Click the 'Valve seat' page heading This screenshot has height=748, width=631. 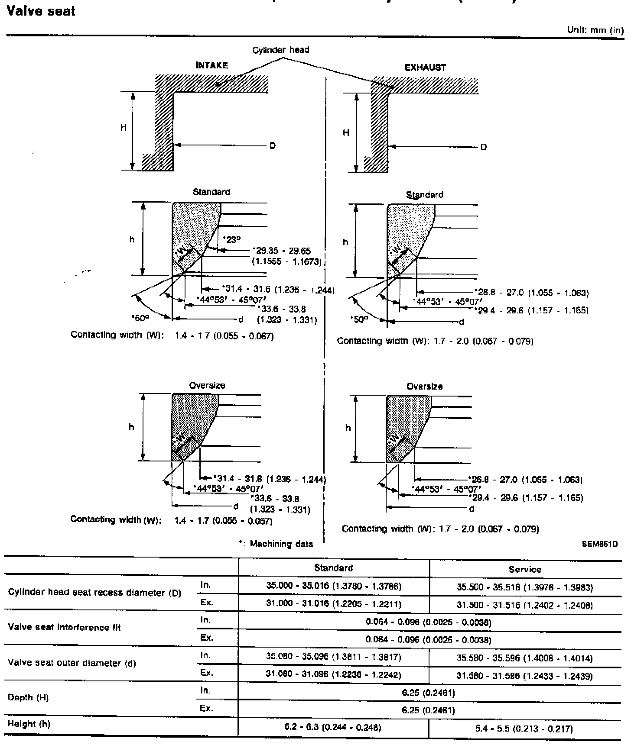[41, 11]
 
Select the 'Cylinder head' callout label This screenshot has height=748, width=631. [281, 50]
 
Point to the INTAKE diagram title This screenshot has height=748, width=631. [211, 66]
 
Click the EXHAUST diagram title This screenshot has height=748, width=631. [425, 68]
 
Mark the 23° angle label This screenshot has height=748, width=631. [232, 240]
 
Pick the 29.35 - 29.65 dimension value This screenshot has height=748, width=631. [283, 251]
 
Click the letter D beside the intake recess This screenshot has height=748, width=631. [273, 146]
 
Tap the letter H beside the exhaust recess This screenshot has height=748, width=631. [346, 133]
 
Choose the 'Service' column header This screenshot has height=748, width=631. [525, 570]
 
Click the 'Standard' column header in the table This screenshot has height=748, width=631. [333, 568]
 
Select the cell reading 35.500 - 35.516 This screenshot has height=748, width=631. [525, 587]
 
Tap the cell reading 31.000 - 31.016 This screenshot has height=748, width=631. [333, 604]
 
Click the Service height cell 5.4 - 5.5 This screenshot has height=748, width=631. [524, 729]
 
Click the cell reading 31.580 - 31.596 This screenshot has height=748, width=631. [525, 676]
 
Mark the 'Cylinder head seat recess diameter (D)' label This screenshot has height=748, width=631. [94, 593]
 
